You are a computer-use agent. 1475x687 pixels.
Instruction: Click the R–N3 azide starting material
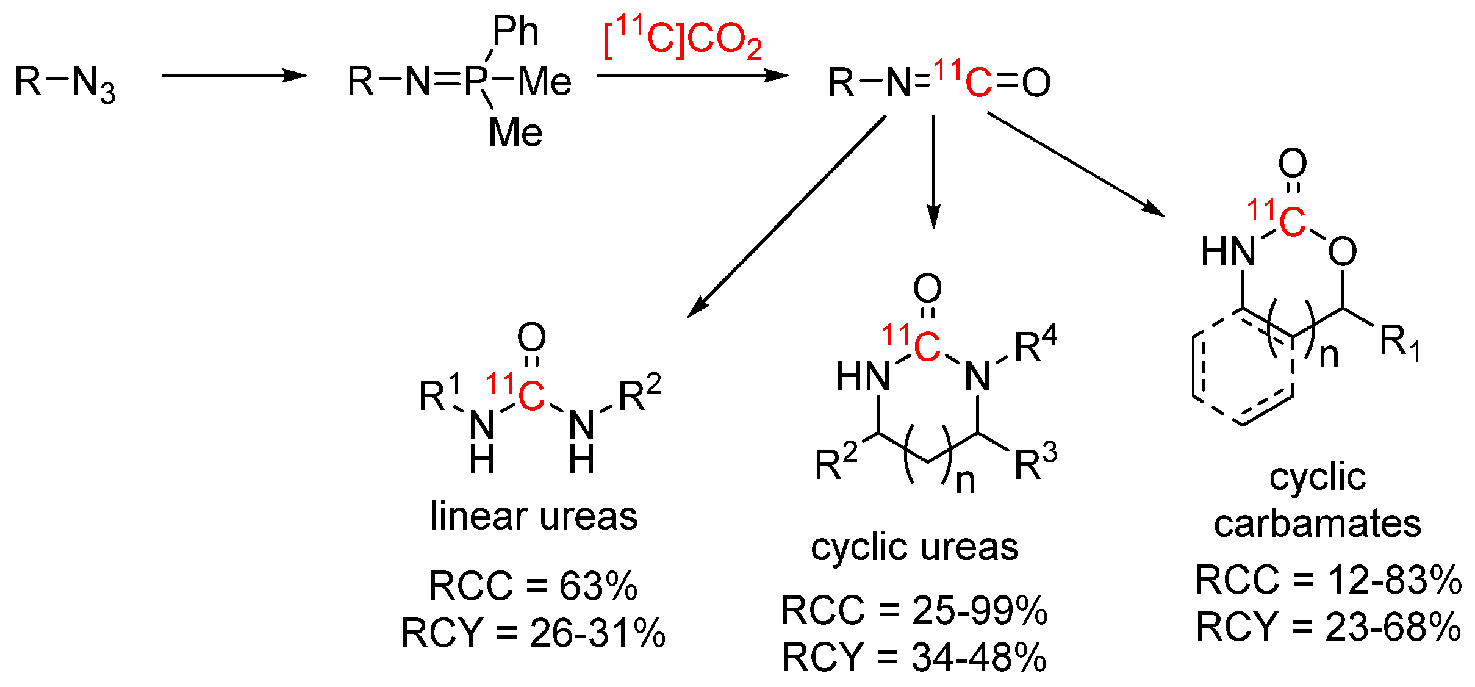65,82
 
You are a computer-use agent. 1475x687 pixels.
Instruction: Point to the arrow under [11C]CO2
692,76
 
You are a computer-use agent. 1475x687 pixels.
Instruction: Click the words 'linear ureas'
534,516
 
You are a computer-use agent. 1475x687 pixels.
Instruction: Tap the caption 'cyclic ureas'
914,547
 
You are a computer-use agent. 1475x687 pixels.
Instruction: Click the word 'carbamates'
1318,523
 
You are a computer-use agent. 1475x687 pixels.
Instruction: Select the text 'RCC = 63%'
533,586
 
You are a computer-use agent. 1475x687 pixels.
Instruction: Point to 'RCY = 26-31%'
533,633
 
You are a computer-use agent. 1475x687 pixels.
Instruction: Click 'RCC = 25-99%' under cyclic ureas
914,610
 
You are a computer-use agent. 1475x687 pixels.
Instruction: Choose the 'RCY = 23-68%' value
1329,627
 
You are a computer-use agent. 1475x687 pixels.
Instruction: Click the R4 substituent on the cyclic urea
1035,346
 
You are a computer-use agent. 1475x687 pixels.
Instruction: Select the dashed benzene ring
1243,369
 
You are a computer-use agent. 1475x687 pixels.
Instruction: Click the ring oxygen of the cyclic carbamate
1342,251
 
